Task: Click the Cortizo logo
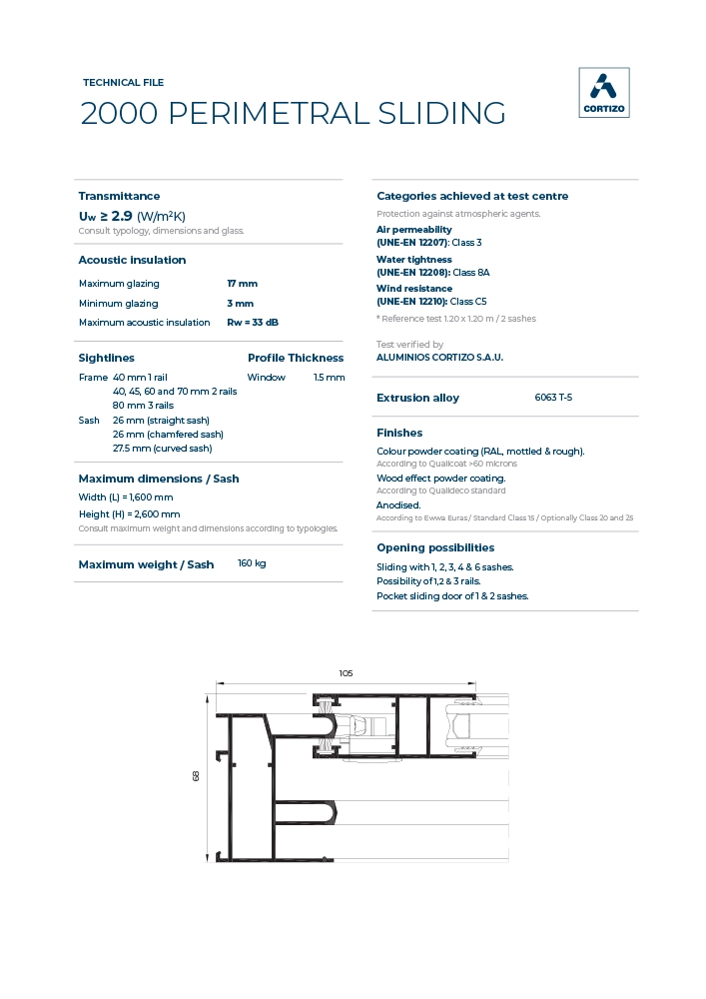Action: (604, 93)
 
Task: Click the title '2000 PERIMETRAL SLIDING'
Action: (293, 114)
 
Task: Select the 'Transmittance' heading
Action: (119, 196)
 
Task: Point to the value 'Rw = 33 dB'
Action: (253, 323)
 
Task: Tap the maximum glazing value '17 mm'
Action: (242, 284)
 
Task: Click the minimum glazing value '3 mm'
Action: (240, 304)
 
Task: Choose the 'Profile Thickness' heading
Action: (295, 358)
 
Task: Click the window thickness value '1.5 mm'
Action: (329, 378)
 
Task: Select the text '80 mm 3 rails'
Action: (143, 406)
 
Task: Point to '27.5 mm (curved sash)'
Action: (162, 449)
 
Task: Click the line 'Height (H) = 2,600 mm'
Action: (129, 513)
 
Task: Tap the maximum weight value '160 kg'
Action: (252, 563)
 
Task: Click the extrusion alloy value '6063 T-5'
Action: (553, 398)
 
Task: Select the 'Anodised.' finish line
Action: (398, 505)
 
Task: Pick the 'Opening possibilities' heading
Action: (435, 547)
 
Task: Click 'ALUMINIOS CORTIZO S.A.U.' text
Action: (439, 357)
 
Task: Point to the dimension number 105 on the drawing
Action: (346, 673)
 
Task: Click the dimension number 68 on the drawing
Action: (197, 775)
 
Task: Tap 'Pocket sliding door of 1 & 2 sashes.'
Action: (452, 596)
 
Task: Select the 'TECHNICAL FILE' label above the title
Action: (123, 83)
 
